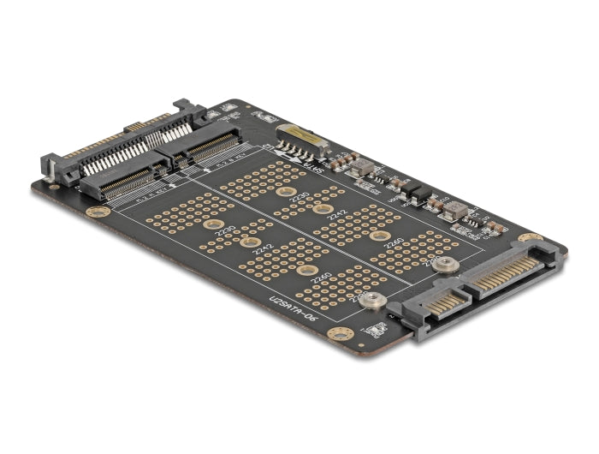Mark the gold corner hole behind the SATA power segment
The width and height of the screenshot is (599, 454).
pos(531,237)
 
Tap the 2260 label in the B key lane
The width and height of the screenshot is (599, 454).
pos(394,242)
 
